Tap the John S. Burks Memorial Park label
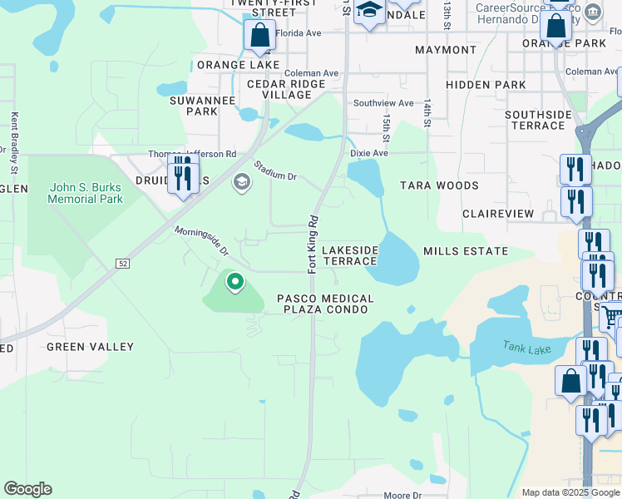(x=85, y=193)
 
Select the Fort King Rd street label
(x=313, y=245)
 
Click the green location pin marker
(x=234, y=284)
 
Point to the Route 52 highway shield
(x=122, y=264)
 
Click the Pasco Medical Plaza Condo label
(x=325, y=304)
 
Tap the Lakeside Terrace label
(x=350, y=255)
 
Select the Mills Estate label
(x=465, y=251)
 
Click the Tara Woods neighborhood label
(x=439, y=185)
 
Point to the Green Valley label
(x=90, y=347)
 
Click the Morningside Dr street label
(x=201, y=240)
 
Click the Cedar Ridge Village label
(x=279, y=89)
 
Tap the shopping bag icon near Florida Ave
(x=259, y=36)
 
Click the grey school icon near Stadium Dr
(x=242, y=182)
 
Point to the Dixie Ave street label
(x=369, y=154)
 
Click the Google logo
(x=27, y=489)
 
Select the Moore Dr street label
(x=402, y=496)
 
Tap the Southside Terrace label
(x=538, y=120)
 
